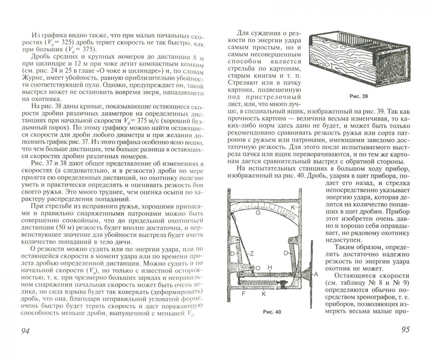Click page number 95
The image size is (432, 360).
coord(405,330)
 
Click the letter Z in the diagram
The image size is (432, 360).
coord(252,254)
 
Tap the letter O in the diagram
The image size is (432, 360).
coord(258,268)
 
